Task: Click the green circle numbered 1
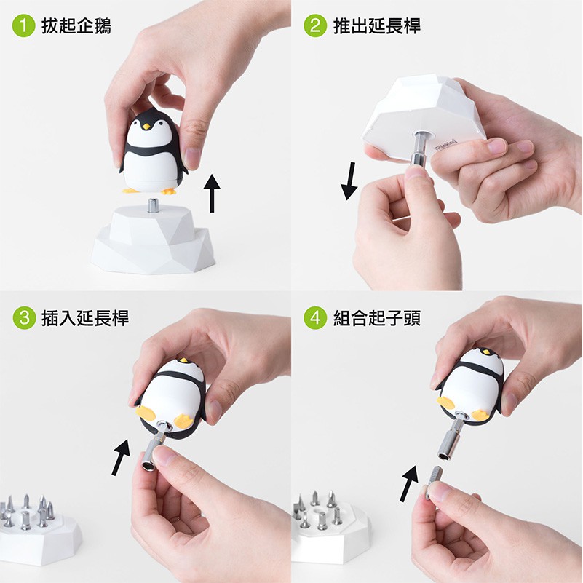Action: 24,25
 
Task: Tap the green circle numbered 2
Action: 315,25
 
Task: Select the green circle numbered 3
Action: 24,317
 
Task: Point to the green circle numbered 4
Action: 315,317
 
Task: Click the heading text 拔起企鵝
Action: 76,26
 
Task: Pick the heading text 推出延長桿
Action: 376,26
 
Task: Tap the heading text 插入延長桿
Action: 85,318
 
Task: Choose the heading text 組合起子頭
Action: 376,318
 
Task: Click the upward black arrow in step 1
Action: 212,193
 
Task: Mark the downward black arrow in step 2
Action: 349,181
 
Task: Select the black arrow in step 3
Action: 121,457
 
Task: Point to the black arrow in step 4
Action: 409,483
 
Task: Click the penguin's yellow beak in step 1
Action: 146,127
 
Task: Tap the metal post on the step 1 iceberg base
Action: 153,205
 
